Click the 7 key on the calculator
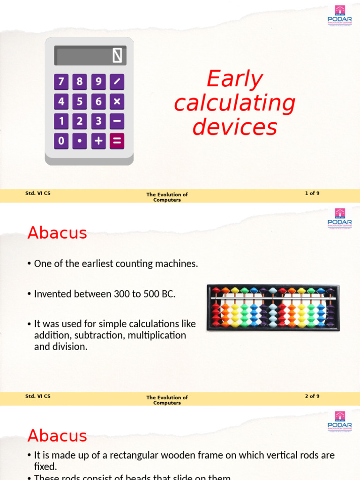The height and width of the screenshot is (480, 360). tap(61, 82)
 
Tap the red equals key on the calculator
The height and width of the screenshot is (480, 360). tap(117, 141)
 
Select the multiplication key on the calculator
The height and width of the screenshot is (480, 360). tap(117, 101)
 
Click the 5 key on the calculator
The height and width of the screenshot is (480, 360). tap(80, 101)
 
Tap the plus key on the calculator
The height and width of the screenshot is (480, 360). tap(98, 141)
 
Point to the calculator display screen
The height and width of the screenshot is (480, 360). tap(90, 56)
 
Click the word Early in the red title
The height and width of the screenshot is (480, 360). tap(234, 79)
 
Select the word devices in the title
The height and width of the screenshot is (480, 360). tap(234, 127)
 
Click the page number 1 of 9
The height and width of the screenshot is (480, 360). tap(312, 193)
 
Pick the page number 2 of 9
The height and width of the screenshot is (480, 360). tap(312, 396)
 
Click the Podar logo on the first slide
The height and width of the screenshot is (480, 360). tap(340, 15)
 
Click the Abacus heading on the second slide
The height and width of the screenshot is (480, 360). tap(57, 232)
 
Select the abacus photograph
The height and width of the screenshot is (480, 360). tap(273, 307)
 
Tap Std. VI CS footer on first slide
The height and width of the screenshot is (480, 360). tap(38, 193)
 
